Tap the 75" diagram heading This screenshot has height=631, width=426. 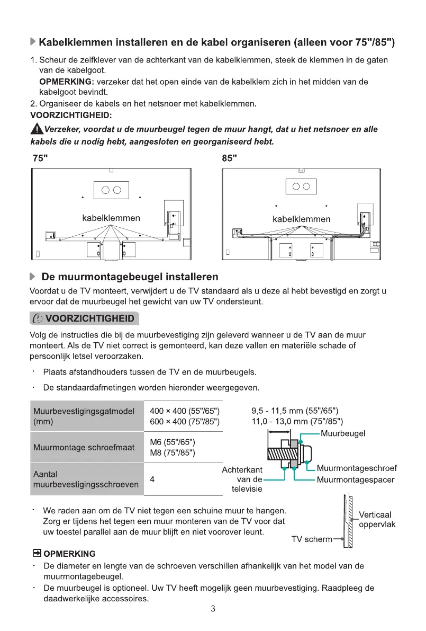click(x=39, y=158)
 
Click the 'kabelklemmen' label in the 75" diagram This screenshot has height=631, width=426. click(x=111, y=218)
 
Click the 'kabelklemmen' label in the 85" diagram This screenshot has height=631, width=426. click(x=301, y=219)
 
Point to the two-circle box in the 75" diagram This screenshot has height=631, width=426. click(x=111, y=190)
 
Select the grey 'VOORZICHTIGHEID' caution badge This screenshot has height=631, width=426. click(x=84, y=319)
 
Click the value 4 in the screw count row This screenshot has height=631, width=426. click(x=152, y=479)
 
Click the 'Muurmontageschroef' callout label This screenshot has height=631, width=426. click(x=357, y=468)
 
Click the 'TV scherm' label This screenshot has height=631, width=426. click(x=312, y=539)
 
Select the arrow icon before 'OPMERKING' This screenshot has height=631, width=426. click(x=37, y=554)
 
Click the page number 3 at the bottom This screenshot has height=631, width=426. click(x=213, y=609)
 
